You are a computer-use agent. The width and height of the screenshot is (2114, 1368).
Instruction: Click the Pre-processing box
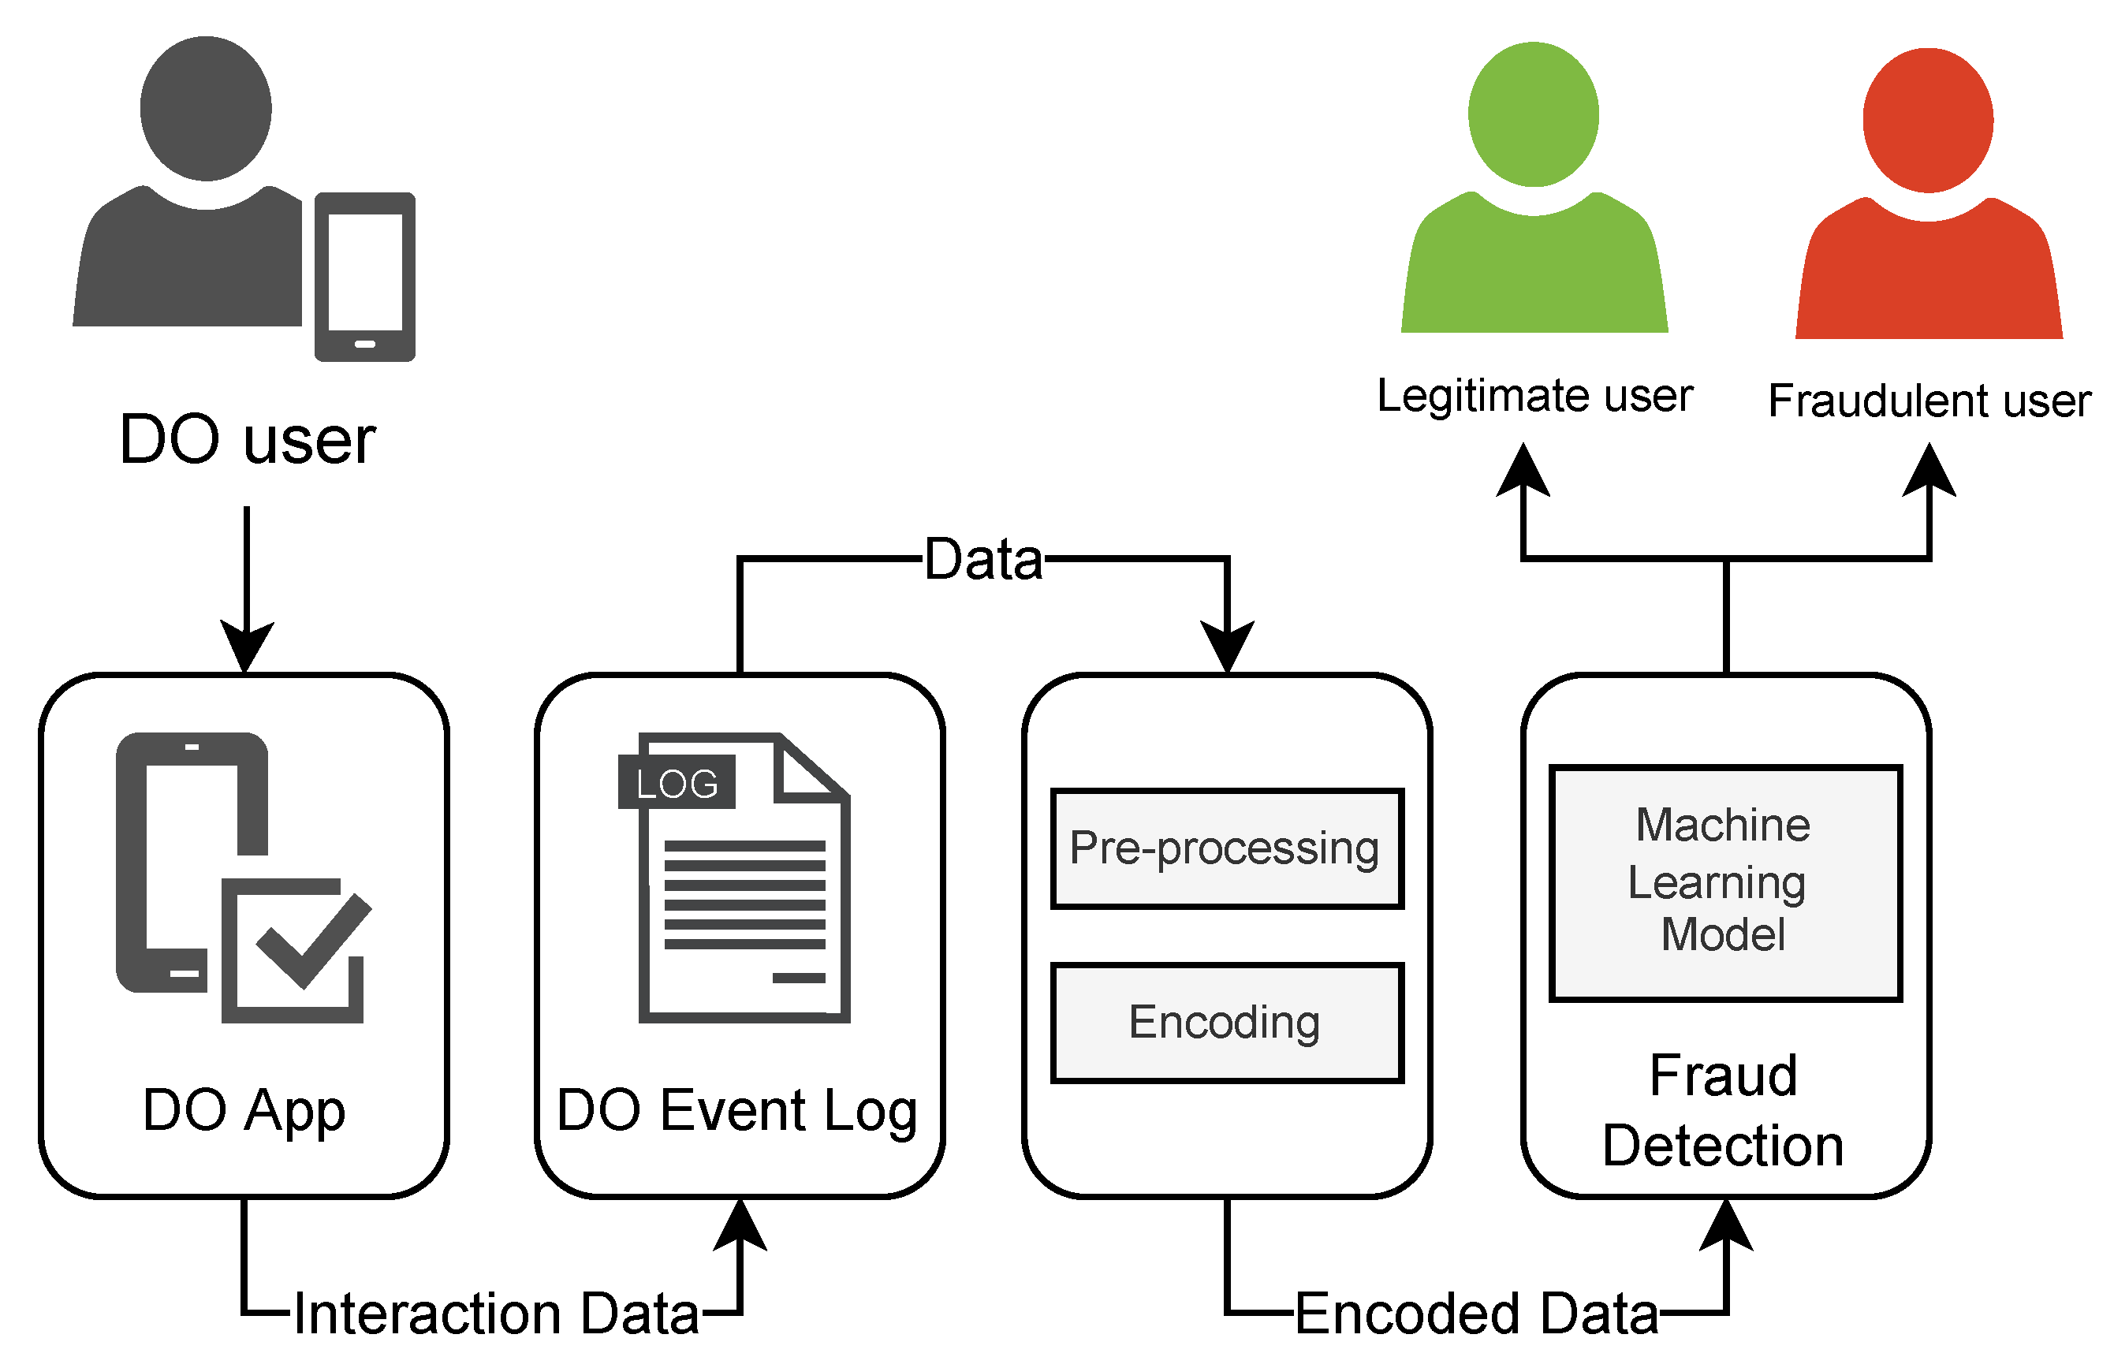pos(1227,849)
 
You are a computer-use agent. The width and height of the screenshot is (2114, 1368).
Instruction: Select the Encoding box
pos(1227,1023)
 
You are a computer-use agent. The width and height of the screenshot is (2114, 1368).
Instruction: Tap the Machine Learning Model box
pos(1725,883)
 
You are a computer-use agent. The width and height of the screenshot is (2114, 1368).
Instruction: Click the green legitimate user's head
pos(1533,114)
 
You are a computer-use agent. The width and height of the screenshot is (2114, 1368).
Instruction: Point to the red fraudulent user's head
pos(1927,120)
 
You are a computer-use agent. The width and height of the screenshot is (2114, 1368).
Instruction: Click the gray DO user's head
pos(205,107)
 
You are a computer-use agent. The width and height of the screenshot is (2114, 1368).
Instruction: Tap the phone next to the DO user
pos(365,276)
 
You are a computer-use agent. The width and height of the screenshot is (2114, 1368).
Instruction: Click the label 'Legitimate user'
pos(1534,395)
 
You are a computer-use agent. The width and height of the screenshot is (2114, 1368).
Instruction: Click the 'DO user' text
pos(247,440)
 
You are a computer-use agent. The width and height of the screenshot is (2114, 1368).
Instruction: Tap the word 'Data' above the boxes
pos(983,560)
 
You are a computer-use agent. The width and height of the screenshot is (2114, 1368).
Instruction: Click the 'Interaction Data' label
pos(496,1314)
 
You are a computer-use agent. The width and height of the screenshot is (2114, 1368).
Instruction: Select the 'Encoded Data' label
pos(1476,1314)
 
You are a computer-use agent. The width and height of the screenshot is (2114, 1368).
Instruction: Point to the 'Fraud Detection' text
pos(1723,1110)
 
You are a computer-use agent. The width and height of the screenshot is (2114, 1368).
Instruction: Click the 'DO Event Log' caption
pos(737,1110)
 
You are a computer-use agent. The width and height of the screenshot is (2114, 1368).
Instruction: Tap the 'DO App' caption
pos(244,1110)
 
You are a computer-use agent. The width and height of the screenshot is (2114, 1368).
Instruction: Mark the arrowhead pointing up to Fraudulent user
pos(1929,471)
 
